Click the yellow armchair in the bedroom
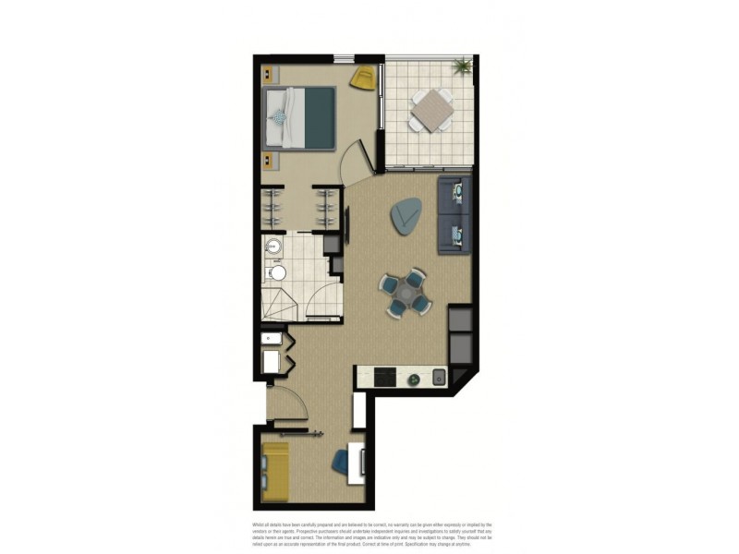pos(364,78)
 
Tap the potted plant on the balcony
pos(461,66)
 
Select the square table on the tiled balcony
pos(430,112)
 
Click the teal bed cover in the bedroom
pos(320,117)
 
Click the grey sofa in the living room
pos(454,215)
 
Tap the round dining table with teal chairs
pos(405,293)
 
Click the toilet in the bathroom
pos(277,272)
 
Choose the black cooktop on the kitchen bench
pos(383,377)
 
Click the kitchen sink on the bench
pos(438,377)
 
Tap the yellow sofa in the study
pos(275,471)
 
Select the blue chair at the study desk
pos(340,464)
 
